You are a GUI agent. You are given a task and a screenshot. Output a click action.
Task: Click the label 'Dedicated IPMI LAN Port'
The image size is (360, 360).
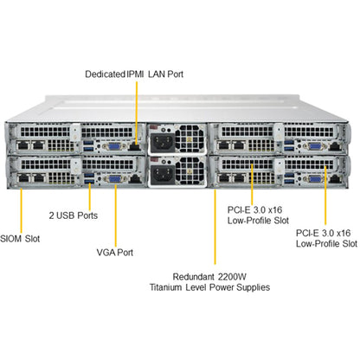coord(134,74)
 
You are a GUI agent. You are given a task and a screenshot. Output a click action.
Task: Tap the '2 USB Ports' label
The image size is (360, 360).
coord(74,215)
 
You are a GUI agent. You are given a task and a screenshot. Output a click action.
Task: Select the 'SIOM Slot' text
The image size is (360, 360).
coord(20,239)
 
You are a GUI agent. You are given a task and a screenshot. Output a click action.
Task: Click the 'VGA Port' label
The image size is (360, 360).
coord(115,253)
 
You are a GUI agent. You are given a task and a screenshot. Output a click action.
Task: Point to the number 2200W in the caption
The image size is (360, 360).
coord(232,277)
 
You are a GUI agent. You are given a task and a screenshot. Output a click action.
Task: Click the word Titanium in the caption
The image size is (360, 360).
coord(166,287)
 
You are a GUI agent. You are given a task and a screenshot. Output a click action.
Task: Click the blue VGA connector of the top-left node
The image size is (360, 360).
coord(114,146)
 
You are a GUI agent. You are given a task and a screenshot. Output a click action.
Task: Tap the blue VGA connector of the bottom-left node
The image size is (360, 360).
coord(114,179)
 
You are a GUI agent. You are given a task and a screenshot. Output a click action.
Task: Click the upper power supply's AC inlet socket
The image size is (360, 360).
coord(163,143)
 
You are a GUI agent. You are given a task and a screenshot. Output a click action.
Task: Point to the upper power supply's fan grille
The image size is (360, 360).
coord(190,138)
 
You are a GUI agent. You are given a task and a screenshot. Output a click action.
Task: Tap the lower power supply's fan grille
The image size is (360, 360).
coord(190,171)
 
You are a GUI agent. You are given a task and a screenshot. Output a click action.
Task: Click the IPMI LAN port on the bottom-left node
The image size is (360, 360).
coord(134,179)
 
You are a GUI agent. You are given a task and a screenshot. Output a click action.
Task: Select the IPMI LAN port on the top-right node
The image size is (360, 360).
coord(335,146)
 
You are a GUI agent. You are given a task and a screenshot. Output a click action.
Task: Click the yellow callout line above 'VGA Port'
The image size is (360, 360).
coord(116,215)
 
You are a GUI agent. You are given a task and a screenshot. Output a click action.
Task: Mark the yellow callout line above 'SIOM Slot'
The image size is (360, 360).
coord(21,211)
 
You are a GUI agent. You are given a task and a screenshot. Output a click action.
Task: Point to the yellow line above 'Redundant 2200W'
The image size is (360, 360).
coord(215,227)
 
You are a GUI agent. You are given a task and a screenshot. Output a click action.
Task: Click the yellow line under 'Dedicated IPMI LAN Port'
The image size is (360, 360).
coord(137,112)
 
